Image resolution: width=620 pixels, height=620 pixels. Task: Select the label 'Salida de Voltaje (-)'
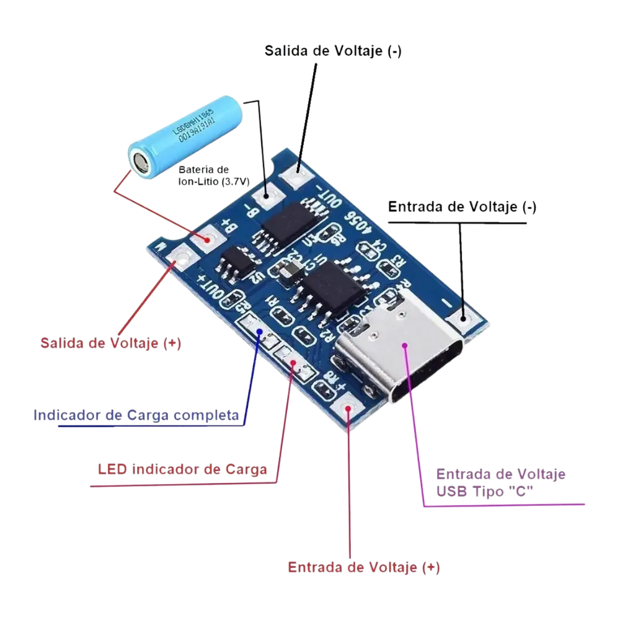pyautogui.click(x=333, y=51)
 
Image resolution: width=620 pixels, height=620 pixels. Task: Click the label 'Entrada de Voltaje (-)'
pyautogui.click(x=461, y=207)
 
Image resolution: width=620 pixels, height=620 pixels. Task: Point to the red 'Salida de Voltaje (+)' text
pyautogui.click(x=111, y=343)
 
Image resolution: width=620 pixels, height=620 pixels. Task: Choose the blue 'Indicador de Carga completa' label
pyautogui.click(x=136, y=415)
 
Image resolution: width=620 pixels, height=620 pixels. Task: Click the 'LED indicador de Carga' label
pyautogui.click(x=182, y=469)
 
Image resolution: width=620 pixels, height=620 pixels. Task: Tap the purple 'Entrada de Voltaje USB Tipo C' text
pyautogui.click(x=500, y=482)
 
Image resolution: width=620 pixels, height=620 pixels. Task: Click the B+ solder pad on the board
pyautogui.click(x=209, y=237)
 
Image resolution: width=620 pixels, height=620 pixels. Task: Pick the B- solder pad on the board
pyautogui.click(x=268, y=198)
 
